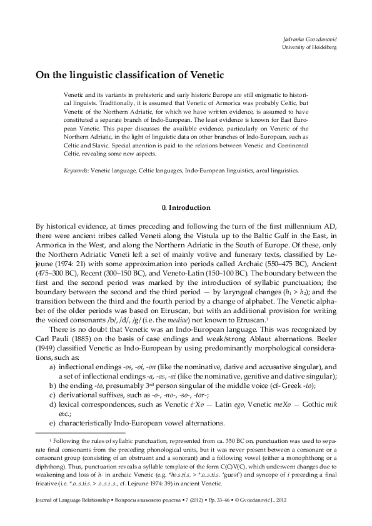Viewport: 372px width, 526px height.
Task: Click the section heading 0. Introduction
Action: click(x=186, y=207)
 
